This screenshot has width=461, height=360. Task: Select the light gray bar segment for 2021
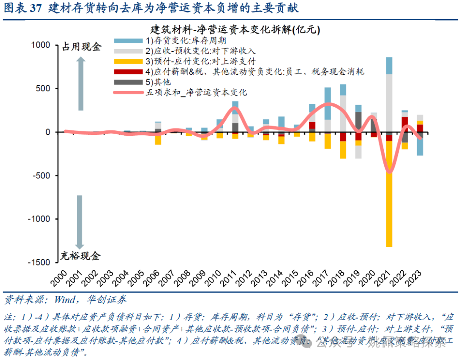389,102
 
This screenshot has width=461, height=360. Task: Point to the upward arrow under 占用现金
81,83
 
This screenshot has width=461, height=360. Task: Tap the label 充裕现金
80,256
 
